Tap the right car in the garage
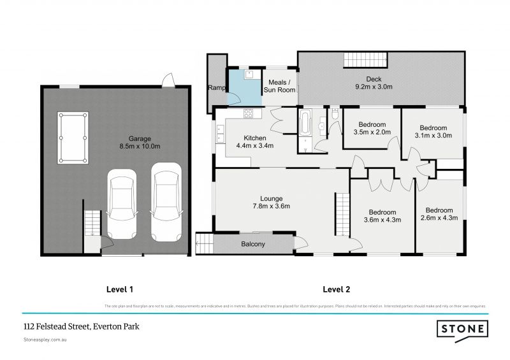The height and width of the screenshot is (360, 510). (x=165, y=201)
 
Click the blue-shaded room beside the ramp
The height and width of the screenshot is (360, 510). (x=245, y=88)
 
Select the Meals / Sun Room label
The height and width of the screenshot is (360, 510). (x=281, y=86)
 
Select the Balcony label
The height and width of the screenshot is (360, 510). (x=252, y=244)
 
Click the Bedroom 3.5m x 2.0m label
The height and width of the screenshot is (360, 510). (x=371, y=128)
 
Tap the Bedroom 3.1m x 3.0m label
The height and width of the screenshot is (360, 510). (x=433, y=131)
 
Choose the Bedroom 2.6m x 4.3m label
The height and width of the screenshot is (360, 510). (x=439, y=214)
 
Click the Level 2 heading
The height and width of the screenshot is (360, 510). (x=337, y=289)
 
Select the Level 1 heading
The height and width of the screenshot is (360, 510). (x=119, y=289)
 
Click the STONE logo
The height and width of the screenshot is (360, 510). (x=462, y=329)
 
